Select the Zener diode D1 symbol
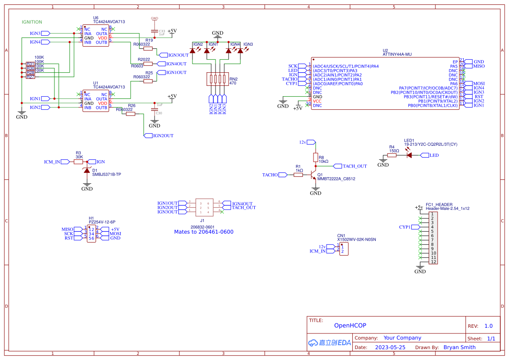87,171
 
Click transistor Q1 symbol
313,175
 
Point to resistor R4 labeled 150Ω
392,155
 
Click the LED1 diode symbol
409,155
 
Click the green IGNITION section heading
32,22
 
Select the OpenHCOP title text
350,325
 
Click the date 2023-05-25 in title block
390,347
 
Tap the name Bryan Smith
459,347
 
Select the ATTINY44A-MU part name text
397,55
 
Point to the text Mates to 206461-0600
204,232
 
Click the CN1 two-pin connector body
343,249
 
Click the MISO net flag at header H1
71,229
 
